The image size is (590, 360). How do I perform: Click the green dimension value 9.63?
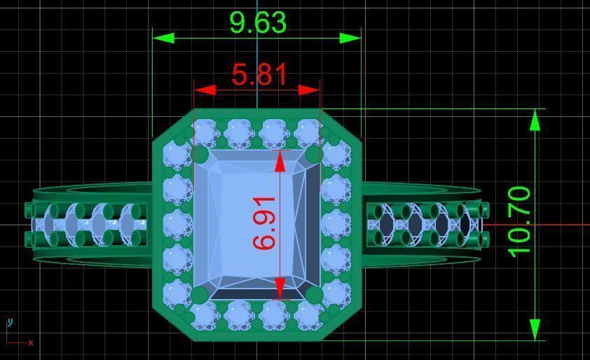[258, 22]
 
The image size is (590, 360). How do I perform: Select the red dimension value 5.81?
[259, 74]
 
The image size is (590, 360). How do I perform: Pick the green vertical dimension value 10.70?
[519, 221]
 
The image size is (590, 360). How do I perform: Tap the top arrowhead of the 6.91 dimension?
[280, 161]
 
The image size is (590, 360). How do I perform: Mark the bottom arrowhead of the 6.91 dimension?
[280, 288]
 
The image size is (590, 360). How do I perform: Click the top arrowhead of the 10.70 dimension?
[535, 120]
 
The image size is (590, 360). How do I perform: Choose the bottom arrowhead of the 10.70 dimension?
[535, 330]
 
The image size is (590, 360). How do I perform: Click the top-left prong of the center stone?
[200, 154]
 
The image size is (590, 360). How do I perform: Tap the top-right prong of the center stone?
[313, 154]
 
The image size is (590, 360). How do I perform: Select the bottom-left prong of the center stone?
[200, 294]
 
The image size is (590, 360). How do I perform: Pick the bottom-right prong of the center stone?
[313, 295]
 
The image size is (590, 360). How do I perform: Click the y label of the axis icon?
[10, 322]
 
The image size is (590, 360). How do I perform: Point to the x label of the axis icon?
[31, 342]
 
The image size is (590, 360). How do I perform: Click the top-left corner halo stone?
[177, 153]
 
